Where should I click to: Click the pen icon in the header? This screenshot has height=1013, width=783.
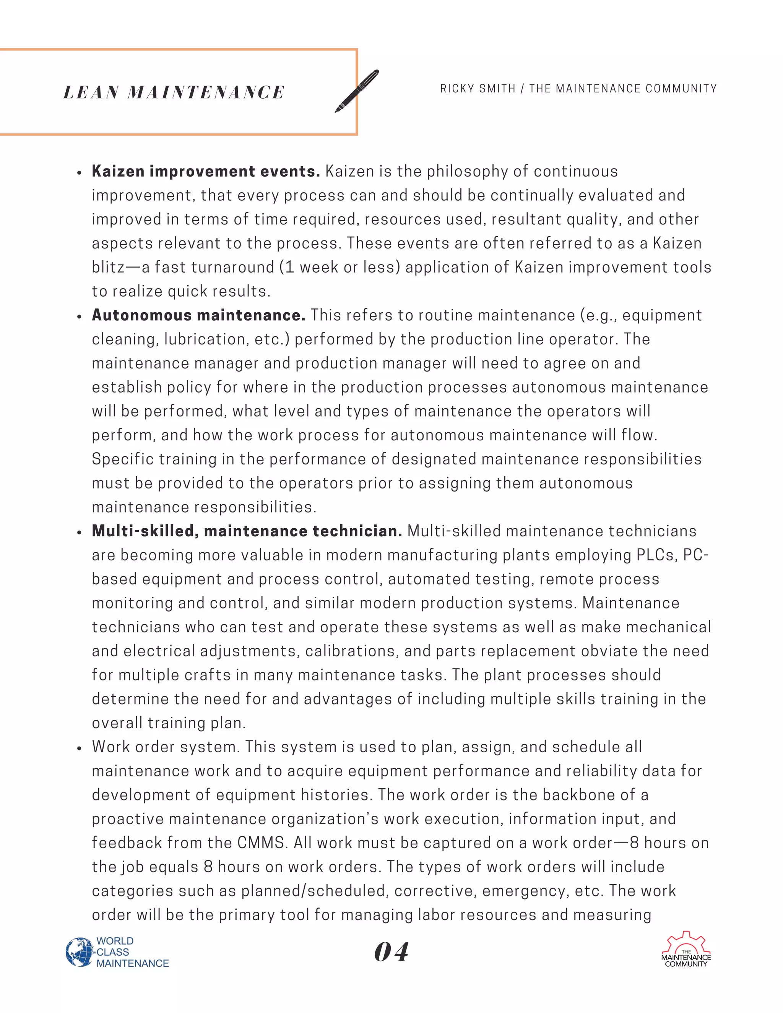357,91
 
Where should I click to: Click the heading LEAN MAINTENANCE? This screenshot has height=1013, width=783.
174,92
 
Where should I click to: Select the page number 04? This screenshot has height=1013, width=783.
391,952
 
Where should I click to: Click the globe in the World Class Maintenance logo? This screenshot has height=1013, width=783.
79,952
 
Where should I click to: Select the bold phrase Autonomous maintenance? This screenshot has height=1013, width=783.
198,315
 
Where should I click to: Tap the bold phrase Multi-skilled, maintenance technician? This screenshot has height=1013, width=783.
247,531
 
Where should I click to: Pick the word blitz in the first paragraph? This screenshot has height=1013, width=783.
108,268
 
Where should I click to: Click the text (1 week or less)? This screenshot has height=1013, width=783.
340,268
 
